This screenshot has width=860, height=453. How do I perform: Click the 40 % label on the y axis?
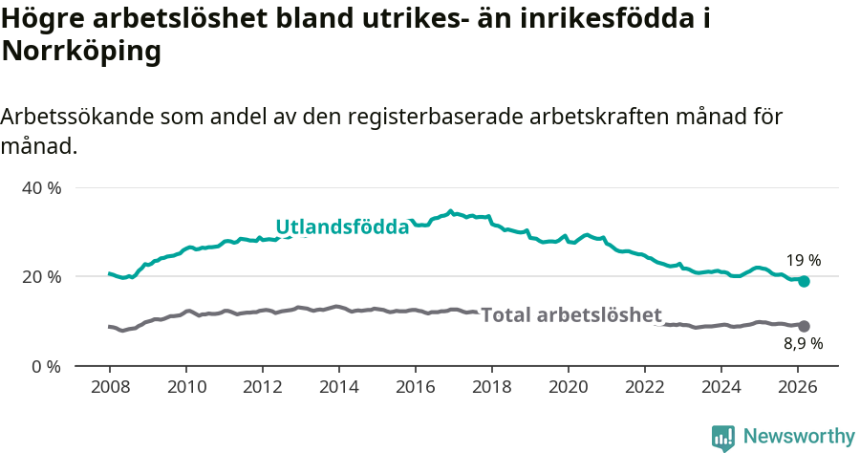(x=41, y=187)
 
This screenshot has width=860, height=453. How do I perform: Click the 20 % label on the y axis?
(x=41, y=276)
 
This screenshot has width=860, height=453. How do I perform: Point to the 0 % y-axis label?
(x=45, y=366)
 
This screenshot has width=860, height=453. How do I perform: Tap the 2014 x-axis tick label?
(x=338, y=387)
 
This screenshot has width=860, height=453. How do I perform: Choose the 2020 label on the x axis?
(x=569, y=387)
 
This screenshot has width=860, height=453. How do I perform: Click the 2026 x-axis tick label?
(x=798, y=387)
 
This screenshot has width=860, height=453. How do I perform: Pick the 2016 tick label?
(x=415, y=387)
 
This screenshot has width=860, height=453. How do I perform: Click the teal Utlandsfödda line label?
(x=342, y=226)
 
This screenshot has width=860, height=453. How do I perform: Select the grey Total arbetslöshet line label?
(x=570, y=315)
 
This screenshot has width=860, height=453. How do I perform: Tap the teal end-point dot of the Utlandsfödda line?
(x=805, y=281)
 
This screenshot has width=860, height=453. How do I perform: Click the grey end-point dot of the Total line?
(x=805, y=326)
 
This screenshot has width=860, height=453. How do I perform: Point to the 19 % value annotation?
(x=804, y=260)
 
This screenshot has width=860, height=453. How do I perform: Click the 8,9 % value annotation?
(x=804, y=343)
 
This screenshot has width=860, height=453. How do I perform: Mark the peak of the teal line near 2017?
(x=451, y=211)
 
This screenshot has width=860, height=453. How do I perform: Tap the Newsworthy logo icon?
(x=723, y=437)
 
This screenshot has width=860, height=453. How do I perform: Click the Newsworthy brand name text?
(x=799, y=437)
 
